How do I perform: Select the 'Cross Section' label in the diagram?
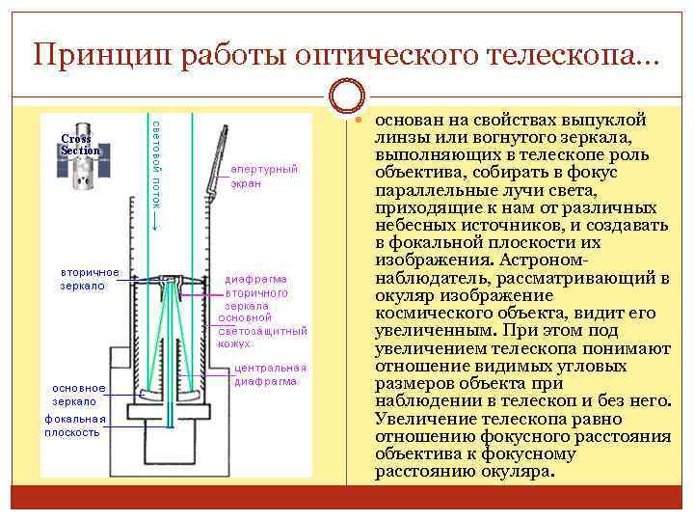(x=80, y=145)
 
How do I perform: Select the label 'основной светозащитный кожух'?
(x=262, y=330)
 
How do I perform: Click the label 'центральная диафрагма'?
(x=270, y=373)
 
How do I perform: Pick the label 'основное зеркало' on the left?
(x=79, y=394)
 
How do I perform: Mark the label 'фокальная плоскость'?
(x=73, y=425)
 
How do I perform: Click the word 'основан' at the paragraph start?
(x=409, y=122)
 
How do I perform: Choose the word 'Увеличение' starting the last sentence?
(x=419, y=419)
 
